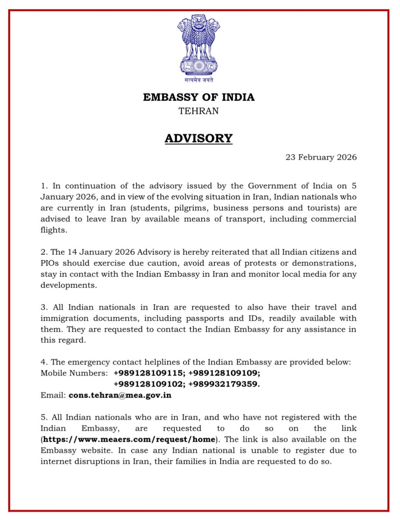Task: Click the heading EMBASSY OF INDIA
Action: (x=199, y=97)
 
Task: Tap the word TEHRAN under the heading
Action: (x=199, y=111)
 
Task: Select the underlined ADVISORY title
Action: (x=199, y=138)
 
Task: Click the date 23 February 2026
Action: (x=321, y=157)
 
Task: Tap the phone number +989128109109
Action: (x=224, y=373)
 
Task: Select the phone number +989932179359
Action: (x=224, y=384)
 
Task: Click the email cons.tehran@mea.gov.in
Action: (x=120, y=396)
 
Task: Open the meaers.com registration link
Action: (x=129, y=440)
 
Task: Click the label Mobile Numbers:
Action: (x=74, y=373)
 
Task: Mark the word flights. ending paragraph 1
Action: (x=54, y=230)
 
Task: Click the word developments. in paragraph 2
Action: (x=69, y=285)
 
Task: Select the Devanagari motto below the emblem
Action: (x=199, y=80)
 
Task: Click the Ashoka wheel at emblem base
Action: (x=199, y=66)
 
